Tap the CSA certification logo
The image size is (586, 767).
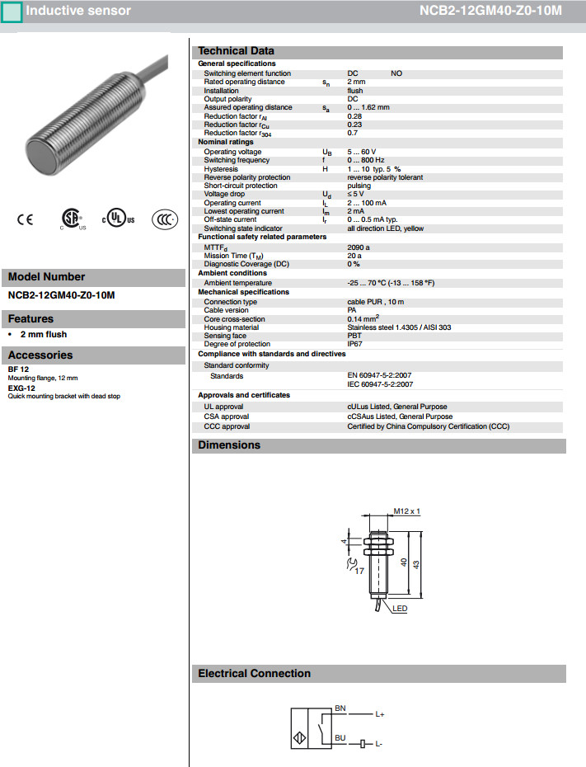click(x=73, y=219)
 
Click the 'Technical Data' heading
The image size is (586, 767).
click(x=236, y=51)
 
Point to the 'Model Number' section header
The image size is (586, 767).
click(x=46, y=277)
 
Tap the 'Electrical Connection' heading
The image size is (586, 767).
click(x=254, y=674)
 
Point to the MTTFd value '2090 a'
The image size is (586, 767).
click(x=359, y=247)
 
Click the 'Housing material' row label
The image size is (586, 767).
click(x=232, y=327)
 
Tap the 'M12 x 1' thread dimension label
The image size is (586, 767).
click(x=406, y=511)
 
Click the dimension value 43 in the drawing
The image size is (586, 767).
click(x=417, y=563)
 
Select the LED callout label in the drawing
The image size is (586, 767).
click(x=400, y=609)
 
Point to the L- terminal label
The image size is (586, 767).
click(x=379, y=745)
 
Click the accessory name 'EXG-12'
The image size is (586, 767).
click(x=21, y=388)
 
